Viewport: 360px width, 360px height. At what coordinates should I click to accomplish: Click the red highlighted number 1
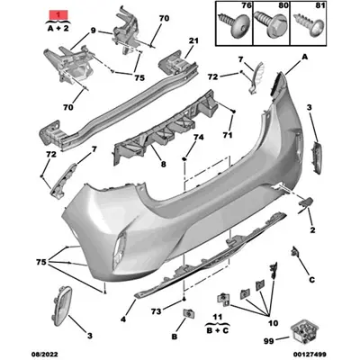point(55,15)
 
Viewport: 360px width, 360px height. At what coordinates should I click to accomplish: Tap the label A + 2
point(55,29)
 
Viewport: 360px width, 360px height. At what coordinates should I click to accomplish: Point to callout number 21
point(194,40)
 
